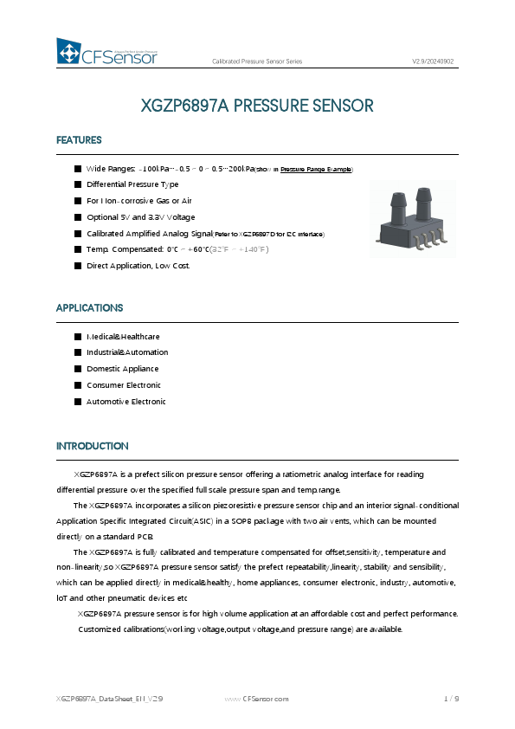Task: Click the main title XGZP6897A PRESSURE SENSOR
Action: tap(257, 106)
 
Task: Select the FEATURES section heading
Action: tap(79, 140)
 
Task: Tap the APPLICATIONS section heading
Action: tap(89, 308)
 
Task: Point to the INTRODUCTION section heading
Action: tap(93, 446)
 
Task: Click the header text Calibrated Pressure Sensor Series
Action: tap(257, 61)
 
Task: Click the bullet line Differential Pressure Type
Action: tap(132, 184)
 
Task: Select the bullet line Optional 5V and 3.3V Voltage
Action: tap(140, 217)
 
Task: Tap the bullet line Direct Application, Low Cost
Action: tap(138, 265)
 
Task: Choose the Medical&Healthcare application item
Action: tap(123, 336)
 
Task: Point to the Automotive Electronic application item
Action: tap(126, 402)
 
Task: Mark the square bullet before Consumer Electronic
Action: tap(77, 385)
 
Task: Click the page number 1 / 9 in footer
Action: tap(450, 698)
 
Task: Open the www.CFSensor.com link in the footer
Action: tap(256, 698)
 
